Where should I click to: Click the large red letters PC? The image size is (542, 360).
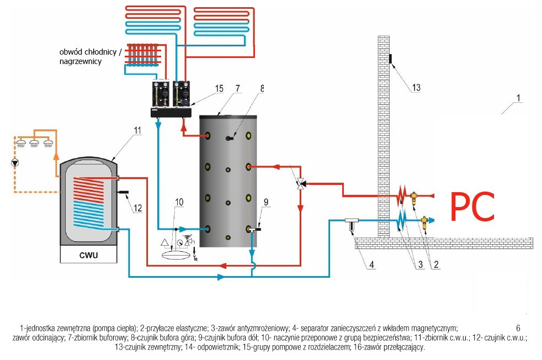tap(472, 207)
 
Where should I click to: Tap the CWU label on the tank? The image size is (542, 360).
tap(88, 255)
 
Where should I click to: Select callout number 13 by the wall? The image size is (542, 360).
tap(416, 87)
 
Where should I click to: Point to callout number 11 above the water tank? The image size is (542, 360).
tap(137, 130)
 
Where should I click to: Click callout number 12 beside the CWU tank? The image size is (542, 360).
tap(137, 208)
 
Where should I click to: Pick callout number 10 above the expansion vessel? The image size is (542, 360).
tap(179, 202)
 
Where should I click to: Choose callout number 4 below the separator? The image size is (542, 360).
tap(371, 264)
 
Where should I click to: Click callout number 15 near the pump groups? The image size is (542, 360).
tap(219, 88)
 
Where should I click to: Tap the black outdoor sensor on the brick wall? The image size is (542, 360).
tap(391, 59)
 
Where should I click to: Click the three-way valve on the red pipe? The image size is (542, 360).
tap(300, 184)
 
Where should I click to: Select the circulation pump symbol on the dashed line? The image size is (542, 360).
tap(15, 162)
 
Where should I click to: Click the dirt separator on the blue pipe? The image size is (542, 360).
tap(352, 224)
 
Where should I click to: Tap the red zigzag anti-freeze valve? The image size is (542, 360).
tap(401, 195)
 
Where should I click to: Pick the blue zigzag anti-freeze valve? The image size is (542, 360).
tap(401, 220)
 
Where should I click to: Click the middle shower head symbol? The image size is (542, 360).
tap(34, 143)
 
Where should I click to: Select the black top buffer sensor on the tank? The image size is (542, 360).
tap(230, 139)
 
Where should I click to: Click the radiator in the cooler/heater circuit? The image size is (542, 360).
tap(143, 55)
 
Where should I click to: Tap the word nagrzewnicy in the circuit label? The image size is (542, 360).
tap(81, 61)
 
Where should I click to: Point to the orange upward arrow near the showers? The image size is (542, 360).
tap(56, 157)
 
